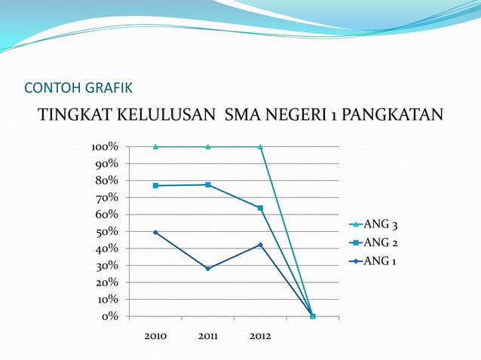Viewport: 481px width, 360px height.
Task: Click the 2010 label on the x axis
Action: point(155,336)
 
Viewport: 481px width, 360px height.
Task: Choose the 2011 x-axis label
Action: point(207,336)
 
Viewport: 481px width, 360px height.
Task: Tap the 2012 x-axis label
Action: point(260,336)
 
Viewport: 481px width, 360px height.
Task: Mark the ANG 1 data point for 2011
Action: point(207,268)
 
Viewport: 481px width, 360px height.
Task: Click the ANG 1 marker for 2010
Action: point(155,232)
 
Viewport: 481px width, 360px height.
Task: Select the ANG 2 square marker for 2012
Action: point(260,208)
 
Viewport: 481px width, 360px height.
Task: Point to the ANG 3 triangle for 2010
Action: point(155,147)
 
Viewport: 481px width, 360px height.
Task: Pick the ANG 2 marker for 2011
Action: point(207,185)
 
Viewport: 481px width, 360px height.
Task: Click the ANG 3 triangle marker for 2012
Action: point(260,147)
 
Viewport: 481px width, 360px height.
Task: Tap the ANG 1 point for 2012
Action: point(260,245)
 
